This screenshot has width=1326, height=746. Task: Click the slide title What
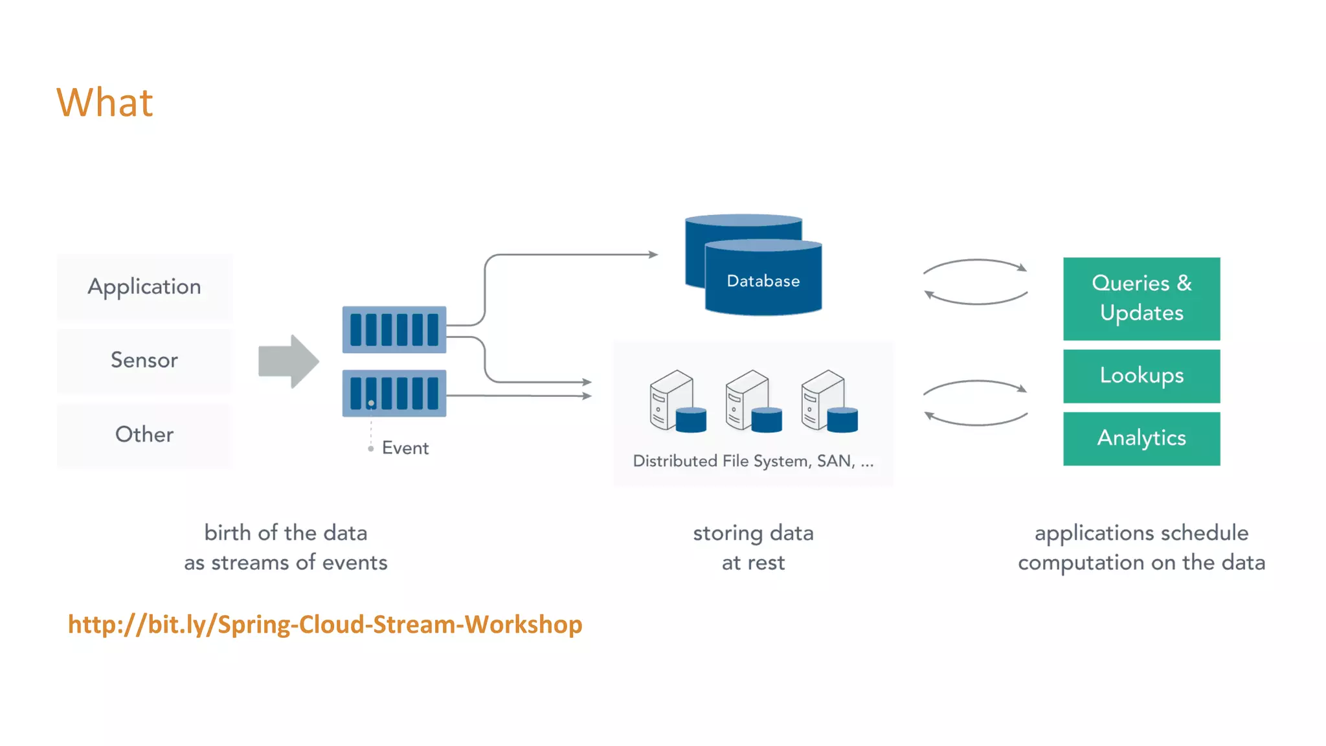click(105, 102)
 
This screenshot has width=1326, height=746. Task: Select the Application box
click(144, 287)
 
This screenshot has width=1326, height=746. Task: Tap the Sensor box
click(144, 360)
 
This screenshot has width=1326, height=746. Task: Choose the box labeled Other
click(144, 435)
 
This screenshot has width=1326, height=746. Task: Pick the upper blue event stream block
click(394, 330)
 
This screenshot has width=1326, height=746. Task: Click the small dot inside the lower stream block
click(371, 403)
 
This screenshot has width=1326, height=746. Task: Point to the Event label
click(405, 448)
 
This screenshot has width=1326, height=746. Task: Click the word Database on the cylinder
click(763, 281)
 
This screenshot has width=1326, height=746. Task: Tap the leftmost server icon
click(677, 401)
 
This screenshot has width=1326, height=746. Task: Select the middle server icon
click(752, 401)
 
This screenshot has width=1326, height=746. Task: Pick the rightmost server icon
click(828, 401)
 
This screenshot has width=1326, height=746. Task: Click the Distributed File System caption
click(753, 461)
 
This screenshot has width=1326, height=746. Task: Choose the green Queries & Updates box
click(1141, 299)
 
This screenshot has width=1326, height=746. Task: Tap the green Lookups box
click(1141, 376)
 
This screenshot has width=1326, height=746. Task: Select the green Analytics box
click(1141, 438)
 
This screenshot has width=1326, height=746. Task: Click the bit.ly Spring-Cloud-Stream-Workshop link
click(325, 624)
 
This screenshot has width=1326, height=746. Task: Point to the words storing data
click(753, 533)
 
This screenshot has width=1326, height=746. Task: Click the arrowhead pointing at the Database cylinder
click(653, 254)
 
